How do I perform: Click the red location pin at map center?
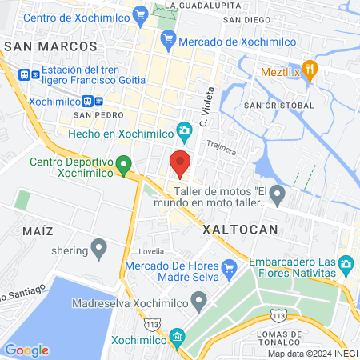(x=180, y=162)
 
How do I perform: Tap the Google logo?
(x=26, y=350)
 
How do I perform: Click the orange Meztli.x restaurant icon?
(x=311, y=68)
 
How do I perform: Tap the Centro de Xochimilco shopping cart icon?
(x=141, y=13)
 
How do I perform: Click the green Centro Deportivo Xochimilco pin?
(x=124, y=166)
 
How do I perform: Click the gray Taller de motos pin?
(x=277, y=193)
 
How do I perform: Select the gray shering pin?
(x=99, y=250)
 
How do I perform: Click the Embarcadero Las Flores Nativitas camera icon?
(x=346, y=262)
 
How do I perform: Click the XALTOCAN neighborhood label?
(x=240, y=229)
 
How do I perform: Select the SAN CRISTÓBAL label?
(x=278, y=106)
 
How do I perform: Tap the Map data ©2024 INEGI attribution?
(x=312, y=354)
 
